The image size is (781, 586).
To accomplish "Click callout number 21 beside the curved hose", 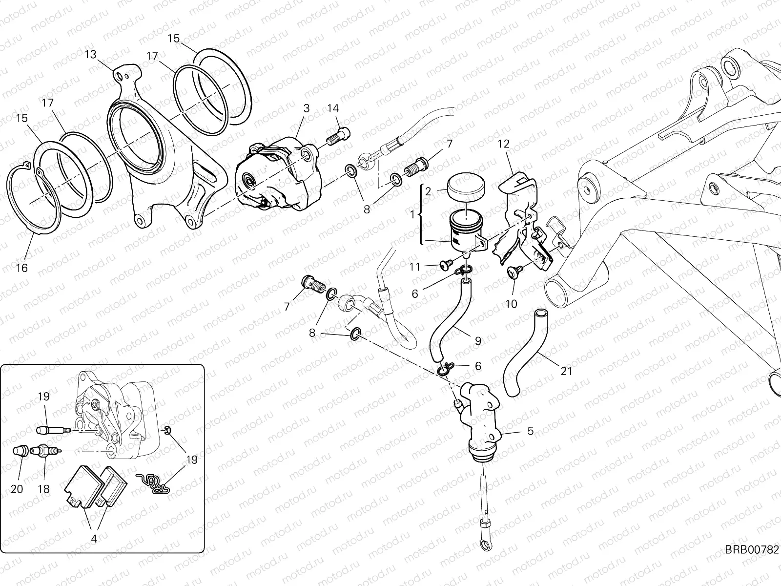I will [x=566, y=371].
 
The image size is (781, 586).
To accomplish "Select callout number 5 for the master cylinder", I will [x=530, y=431].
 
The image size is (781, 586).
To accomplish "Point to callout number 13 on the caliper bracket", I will [x=91, y=54].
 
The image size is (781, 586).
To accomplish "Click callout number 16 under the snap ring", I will [x=21, y=268].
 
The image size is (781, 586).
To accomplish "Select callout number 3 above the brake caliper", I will [x=306, y=108].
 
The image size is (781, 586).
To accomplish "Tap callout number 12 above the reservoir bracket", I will [x=503, y=144].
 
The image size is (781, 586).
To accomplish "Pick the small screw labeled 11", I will [x=445, y=264].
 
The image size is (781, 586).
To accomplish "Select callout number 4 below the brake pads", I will [x=94, y=540].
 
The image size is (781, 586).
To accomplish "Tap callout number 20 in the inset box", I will [x=17, y=489].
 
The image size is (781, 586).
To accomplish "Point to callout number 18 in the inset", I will [x=43, y=489].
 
